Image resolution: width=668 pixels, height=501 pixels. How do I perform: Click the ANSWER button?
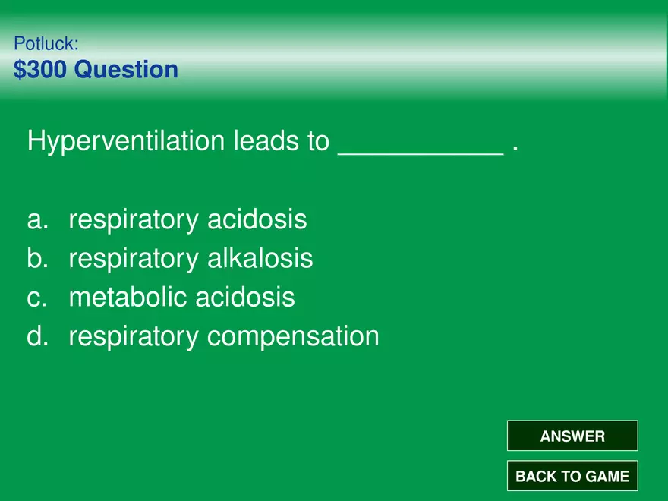click(572, 436)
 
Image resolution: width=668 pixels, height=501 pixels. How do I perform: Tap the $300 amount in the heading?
click(40, 69)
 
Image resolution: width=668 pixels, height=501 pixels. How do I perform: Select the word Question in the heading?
click(126, 70)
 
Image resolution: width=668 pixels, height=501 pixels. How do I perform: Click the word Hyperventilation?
click(126, 141)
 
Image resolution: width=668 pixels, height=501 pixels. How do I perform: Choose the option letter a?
click(37, 220)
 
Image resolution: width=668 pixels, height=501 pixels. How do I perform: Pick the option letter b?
click(37, 258)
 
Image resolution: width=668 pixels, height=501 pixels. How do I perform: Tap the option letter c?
click(36, 298)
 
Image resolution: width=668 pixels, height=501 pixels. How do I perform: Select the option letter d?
click(37, 336)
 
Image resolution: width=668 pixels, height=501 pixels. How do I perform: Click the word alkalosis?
click(260, 258)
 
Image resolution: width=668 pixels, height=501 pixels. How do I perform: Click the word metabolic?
click(128, 297)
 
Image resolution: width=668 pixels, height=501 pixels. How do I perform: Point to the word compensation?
click(293, 337)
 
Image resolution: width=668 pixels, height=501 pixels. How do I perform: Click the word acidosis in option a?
click(257, 219)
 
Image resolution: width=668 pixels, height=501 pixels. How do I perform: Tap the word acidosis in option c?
click(245, 297)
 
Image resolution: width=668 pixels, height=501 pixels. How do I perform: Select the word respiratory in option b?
click(134, 260)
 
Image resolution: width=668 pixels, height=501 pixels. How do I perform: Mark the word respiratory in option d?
click(134, 337)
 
